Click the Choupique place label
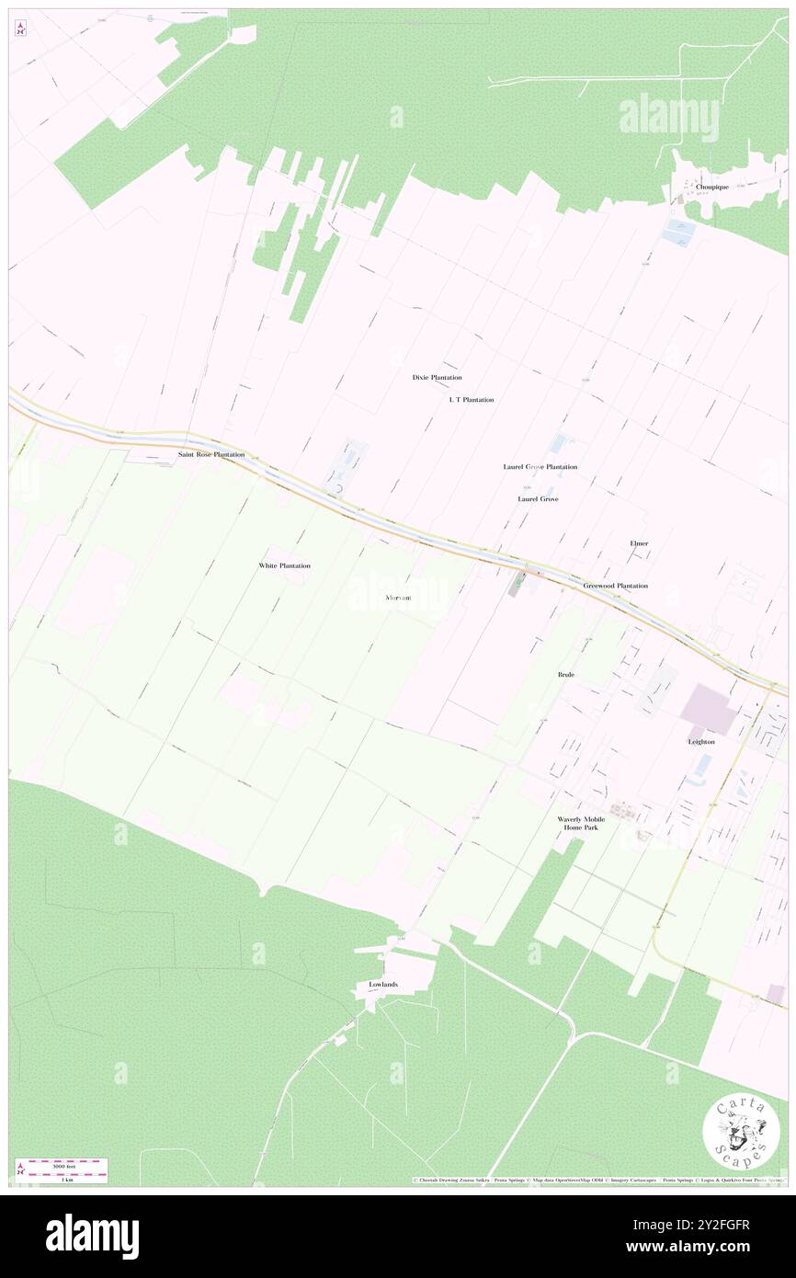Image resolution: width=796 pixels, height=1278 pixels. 712,187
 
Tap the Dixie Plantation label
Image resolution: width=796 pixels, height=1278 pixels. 437,378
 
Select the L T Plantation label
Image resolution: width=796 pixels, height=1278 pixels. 472,400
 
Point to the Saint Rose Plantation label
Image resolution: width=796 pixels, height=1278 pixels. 211,455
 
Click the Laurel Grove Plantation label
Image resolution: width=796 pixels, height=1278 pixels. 540,467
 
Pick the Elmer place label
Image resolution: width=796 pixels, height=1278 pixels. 639,543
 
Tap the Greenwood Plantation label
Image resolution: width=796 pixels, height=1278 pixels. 615,586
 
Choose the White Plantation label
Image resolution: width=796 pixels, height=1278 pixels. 284,565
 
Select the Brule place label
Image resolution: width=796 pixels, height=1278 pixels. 566,675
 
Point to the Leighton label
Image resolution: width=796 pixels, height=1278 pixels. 701,741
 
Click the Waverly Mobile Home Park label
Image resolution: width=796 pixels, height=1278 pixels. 581,823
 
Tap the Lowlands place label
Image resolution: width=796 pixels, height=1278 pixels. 383,985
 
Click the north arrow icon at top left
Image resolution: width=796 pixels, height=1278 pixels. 20,29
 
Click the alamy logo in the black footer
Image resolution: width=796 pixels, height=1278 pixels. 92,1237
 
